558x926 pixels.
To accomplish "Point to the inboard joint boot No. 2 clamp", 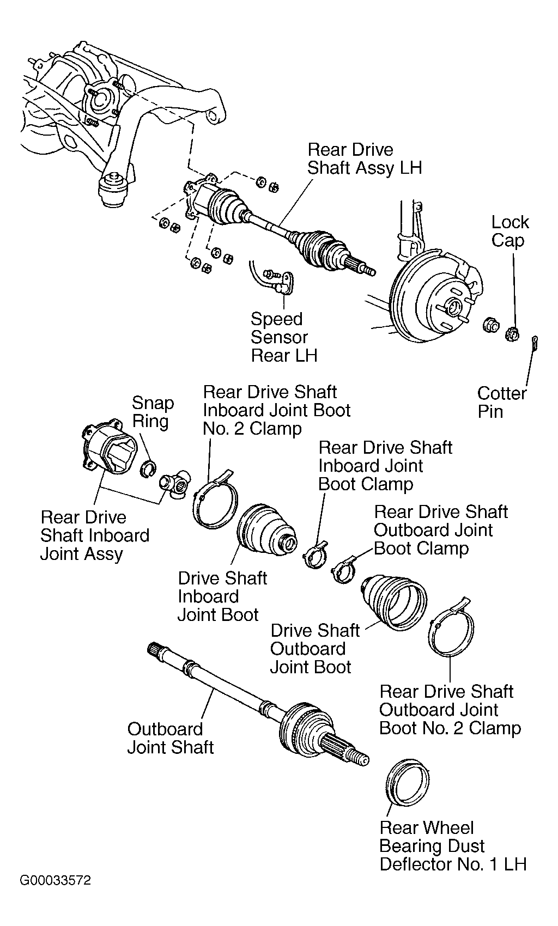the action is [x=215, y=500].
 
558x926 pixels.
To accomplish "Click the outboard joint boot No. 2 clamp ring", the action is [x=451, y=627].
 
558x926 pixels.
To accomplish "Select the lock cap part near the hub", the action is [x=512, y=333].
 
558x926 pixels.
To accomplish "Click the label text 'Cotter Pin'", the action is [x=502, y=402].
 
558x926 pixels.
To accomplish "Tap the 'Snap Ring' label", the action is [x=153, y=412].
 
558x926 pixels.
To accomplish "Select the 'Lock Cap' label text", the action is [x=510, y=231].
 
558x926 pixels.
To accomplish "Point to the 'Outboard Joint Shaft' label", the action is [x=170, y=738].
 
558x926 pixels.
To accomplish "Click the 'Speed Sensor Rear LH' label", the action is [x=284, y=337].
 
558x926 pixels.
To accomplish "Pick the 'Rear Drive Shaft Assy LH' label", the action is [x=365, y=159].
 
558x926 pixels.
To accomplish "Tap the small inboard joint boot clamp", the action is [x=315, y=555].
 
